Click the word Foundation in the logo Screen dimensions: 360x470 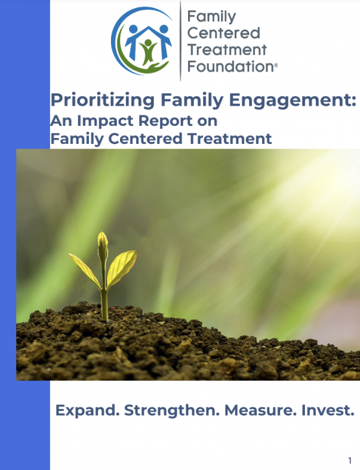[231, 66]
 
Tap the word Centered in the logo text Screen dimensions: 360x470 [224, 33]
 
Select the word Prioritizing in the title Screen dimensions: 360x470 [102, 100]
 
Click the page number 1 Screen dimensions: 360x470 [350, 460]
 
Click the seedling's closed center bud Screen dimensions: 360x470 [102, 246]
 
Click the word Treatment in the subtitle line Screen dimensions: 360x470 [230, 139]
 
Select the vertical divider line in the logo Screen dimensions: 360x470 [180, 41]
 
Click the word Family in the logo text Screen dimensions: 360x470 [211, 17]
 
